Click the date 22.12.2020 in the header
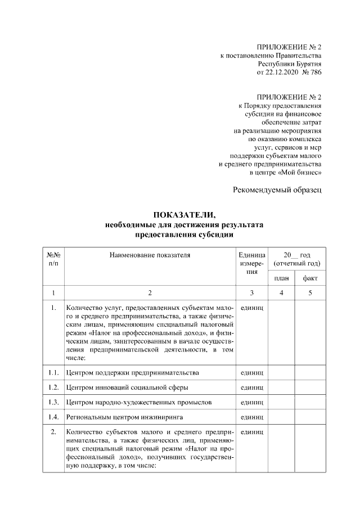coord(283,73)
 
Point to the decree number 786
coord(316,73)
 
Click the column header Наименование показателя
coord(150,255)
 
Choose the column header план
coord(281,278)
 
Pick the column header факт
coord(310,278)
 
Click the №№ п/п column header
coord(53,259)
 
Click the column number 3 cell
coord(251,293)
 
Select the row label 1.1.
coord(53,373)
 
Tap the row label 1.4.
coord(53,417)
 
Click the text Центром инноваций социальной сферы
coord(127,388)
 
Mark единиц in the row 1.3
coord(251,402)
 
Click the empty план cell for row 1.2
coord(281,388)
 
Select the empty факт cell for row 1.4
coord(310,417)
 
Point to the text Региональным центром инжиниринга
coord(125,417)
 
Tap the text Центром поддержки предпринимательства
coord(132,373)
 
